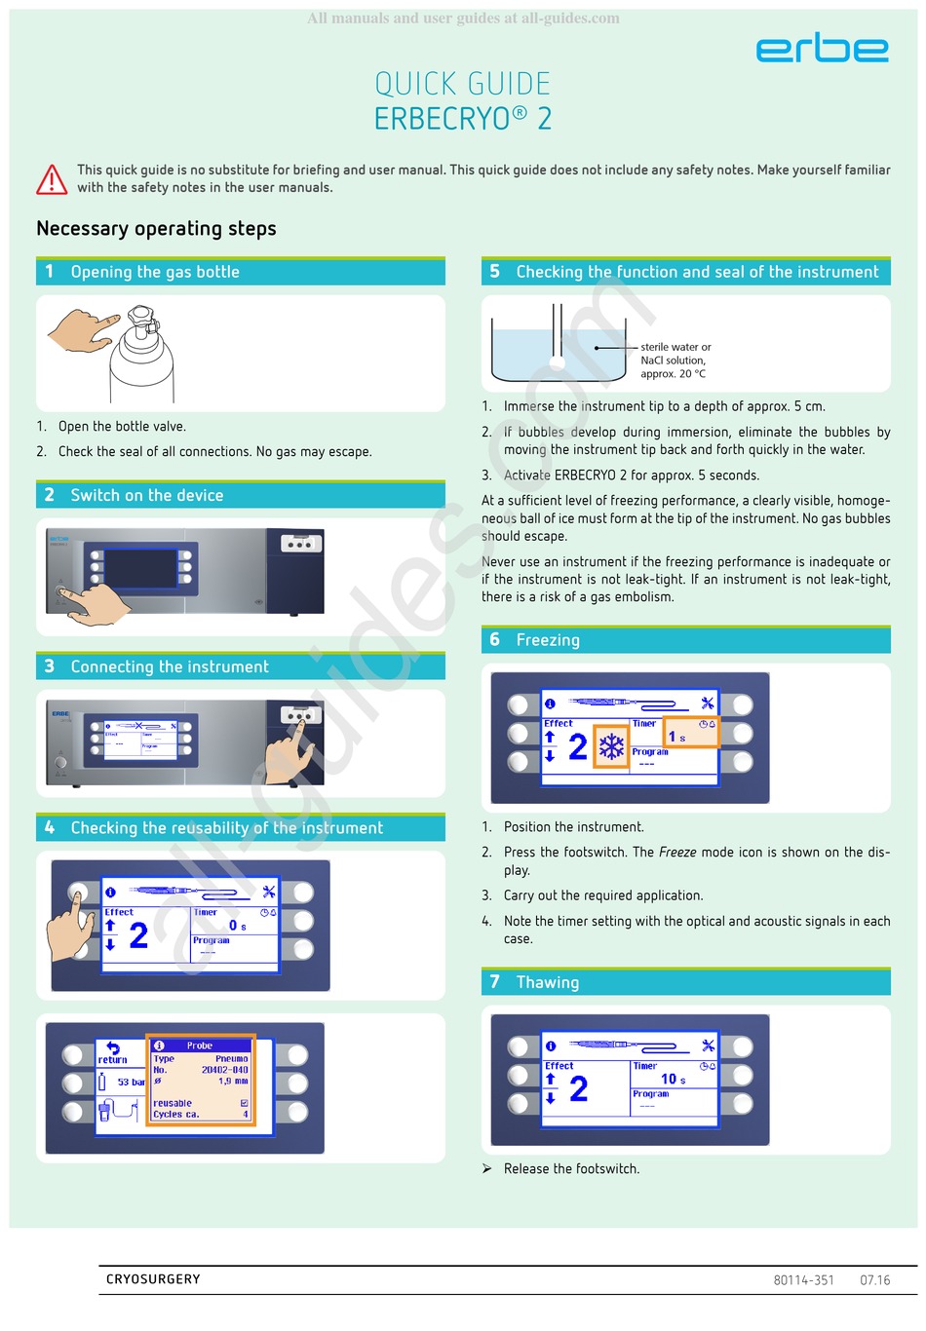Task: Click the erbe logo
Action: click(822, 48)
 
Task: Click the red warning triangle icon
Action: click(52, 179)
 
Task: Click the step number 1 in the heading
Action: click(50, 272)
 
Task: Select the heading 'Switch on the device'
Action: click(146, 495)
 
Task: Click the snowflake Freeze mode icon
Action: click(611, 747)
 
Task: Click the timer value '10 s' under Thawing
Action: click(673, 1079)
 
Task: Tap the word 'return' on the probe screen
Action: click(112, 1059)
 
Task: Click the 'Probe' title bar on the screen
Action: click(200, 1046)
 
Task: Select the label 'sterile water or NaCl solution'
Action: click(675, 354)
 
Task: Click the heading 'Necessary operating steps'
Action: click(156, 229)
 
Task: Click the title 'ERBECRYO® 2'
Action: click(463, 119)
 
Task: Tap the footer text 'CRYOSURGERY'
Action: click(153, 1279)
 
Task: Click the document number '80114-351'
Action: click(803, 1280)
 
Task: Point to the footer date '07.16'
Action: click(874, 1280)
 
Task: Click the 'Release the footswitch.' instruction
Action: click(571, 1168)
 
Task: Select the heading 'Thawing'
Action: click(547, 982)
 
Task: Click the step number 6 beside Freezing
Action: click(494, 639)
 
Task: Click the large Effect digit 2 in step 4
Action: click(138, 935)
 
